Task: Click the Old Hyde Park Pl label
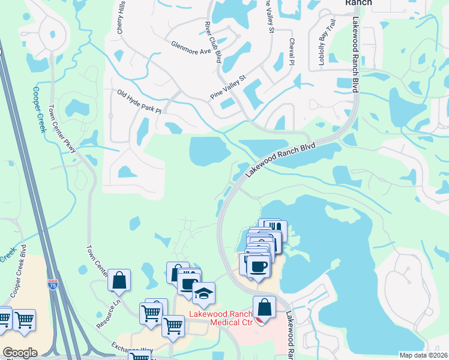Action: coord(140,102)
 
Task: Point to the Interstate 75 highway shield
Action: coord(53,284)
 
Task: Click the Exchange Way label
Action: coord(131,349)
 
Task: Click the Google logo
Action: coord(20,353)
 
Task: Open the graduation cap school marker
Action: coord(204,293)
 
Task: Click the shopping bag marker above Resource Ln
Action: coord(119,280)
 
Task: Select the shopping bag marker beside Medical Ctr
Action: coord(264,308)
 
